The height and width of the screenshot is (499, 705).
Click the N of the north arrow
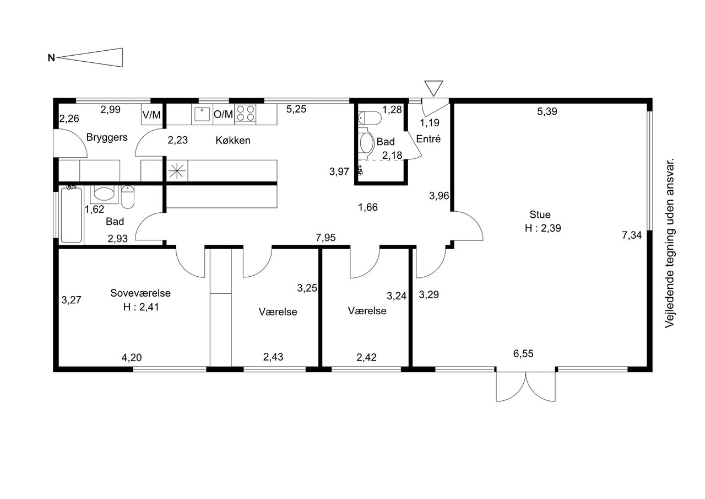(x=51, y=58)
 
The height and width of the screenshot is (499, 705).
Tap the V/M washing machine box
(x=151, y=114)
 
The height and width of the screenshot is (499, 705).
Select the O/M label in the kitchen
(x=223, y=114)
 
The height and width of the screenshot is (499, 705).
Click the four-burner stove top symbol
(x=245, y=114)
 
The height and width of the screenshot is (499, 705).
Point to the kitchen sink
(x=202, y=114)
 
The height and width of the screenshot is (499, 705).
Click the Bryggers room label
(x=107, y=138)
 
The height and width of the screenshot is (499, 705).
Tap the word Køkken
(x=233, y=140)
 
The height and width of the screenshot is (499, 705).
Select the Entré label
(x=429, y=138)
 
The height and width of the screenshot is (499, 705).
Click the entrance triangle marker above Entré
(x=433, y=88)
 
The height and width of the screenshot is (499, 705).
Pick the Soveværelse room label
(x=140, y=293)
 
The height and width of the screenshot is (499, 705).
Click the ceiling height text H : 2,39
(x=543, y=228)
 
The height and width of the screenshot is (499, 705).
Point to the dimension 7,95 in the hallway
(x=326, y=237)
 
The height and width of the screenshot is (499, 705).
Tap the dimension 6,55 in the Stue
(x=523, y=353)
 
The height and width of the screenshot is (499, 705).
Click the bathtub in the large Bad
(x=72, y=215)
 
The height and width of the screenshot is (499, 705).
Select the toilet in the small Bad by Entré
(x=370, y=118)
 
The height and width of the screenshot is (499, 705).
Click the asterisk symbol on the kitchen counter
(x=177, y=171)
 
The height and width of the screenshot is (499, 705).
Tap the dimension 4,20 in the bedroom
(x=132, y=357)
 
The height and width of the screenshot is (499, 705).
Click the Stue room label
(x=540, y=214)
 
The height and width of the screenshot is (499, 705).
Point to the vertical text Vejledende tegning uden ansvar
(x=669, y=243)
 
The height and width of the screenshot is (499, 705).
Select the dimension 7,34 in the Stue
(x=632, y=235)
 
